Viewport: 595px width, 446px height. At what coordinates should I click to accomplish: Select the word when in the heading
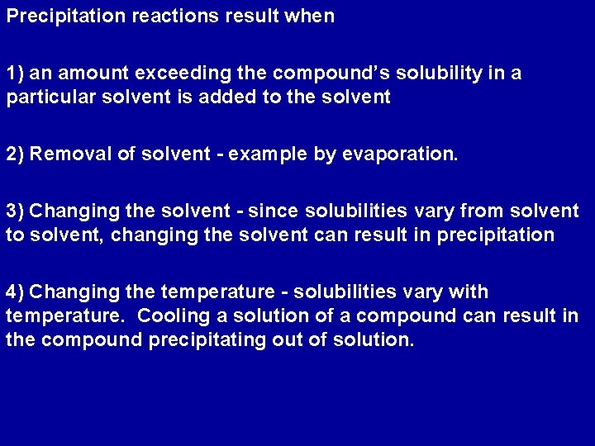point(311,17)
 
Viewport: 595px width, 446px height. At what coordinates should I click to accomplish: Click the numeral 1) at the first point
point(15,73)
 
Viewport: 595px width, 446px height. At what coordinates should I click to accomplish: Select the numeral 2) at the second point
point(15,154)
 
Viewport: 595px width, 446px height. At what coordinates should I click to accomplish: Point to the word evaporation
point(397,154)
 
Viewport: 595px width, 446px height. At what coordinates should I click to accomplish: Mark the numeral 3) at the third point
point(15,211)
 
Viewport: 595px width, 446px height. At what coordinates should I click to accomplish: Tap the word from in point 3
point(478,211)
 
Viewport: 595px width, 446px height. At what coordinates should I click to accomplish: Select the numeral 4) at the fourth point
point(15,292)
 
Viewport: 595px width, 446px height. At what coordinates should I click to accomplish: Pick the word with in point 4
point(470,292)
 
